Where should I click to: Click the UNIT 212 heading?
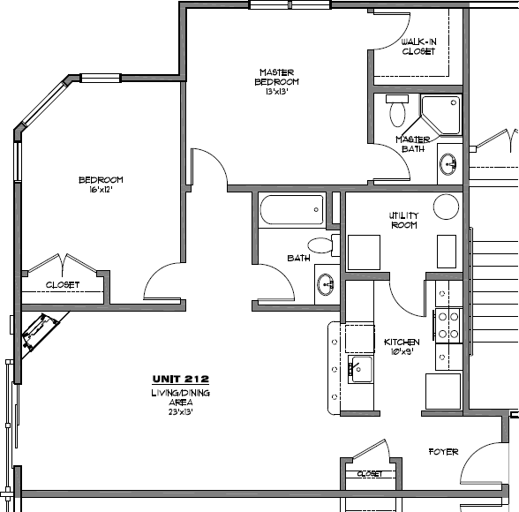coord(181,379)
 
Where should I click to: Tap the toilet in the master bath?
coord(397,110)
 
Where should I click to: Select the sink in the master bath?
coord(448,164)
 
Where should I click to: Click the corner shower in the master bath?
coord(441,115)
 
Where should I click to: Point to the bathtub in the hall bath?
coord(291,210)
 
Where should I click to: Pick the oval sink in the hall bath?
coord(326,284)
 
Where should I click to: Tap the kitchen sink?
coord(361,369)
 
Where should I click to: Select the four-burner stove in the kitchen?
coord(448,325)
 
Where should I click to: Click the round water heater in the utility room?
coord(447,207)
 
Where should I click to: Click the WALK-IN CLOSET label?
coord(418,47)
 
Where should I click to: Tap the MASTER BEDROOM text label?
coord(276,77)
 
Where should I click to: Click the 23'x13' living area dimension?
coord(180,412)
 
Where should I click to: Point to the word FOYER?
coord(443,452)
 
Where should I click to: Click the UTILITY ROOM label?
coord(404,221)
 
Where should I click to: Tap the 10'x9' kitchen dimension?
coord(402,352)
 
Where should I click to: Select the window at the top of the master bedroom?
coord(290,5)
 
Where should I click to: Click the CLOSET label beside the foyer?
coord(370,474)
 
